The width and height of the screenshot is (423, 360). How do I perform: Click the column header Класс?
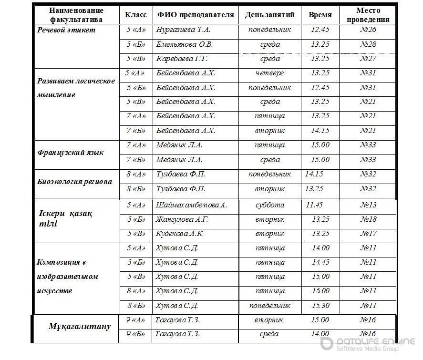click(x=135, y=15)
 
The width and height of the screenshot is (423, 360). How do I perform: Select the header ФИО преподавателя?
click(x=196, y=15)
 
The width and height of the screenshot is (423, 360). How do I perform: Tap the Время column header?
click(x=320, y=15)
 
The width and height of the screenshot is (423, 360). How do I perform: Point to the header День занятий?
click(x=269, y=15)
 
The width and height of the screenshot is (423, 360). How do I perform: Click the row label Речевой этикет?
click(x=66, y=30)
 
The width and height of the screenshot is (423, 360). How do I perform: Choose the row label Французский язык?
click(x=71, y=153)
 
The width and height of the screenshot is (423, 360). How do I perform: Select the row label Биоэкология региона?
click(x=75, y=182)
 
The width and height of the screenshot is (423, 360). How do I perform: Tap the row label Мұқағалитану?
click(x=80, y=327)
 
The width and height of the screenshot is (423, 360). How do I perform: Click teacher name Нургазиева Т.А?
click(x=183, y=30)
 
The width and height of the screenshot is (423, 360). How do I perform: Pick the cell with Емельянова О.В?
click(x=185, y=44)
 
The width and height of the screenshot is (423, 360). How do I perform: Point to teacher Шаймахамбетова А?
click(x=191, y=205)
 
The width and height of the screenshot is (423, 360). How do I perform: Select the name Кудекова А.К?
click(x=180, y=234)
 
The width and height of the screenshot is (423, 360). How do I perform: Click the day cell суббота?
click(x=269, y=205)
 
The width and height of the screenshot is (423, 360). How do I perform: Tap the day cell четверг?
click(x=269, y=73)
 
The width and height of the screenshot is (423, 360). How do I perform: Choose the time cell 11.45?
click(x=314, y=205)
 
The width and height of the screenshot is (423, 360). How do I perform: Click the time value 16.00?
click(x=320, y=291)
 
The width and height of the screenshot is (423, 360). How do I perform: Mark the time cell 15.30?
click(x=320, y=305)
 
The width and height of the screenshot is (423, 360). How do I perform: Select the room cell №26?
click(x=368, y=30)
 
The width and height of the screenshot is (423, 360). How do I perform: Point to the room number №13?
click(x=368, y=205)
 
